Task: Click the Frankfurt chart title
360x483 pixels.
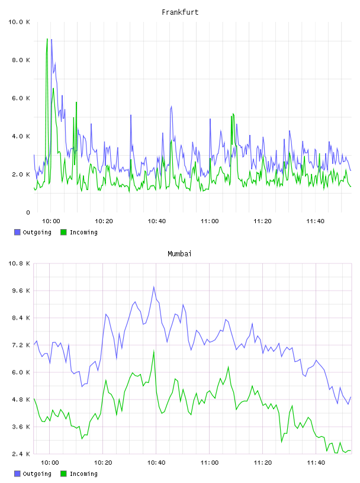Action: coord(180,12)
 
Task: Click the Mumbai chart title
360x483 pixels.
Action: coord(179,254)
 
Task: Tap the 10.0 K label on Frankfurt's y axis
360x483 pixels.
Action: coord(19,22)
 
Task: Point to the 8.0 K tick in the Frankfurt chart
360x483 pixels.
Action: coord(21,60)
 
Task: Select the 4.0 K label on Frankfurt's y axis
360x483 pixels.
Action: coord(21,136)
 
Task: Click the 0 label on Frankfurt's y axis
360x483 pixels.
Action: coord(28,212)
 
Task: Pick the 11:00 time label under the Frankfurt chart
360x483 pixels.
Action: coord(210,221)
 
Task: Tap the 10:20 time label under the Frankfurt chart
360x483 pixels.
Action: coord(104,221)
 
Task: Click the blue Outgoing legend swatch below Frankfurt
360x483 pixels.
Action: coord(17,232)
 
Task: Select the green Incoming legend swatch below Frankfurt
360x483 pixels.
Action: coord(63,232)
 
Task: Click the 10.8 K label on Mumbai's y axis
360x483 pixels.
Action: coord(19,263)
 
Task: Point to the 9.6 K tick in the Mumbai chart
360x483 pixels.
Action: coord(21,291)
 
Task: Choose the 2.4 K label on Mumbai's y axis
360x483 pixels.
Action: coord(21,454)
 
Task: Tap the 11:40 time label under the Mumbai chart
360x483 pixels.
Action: coord(316,463)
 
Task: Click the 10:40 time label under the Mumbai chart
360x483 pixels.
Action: coord(156,463)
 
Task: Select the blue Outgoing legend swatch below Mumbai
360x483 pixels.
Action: coord(17,474)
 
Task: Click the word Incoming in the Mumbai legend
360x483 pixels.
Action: coord(83,474)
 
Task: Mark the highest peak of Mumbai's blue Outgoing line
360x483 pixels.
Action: coord(153,286)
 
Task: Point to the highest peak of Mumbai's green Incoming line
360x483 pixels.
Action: coord(153,351)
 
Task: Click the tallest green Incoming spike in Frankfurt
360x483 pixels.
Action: coord(47,39)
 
